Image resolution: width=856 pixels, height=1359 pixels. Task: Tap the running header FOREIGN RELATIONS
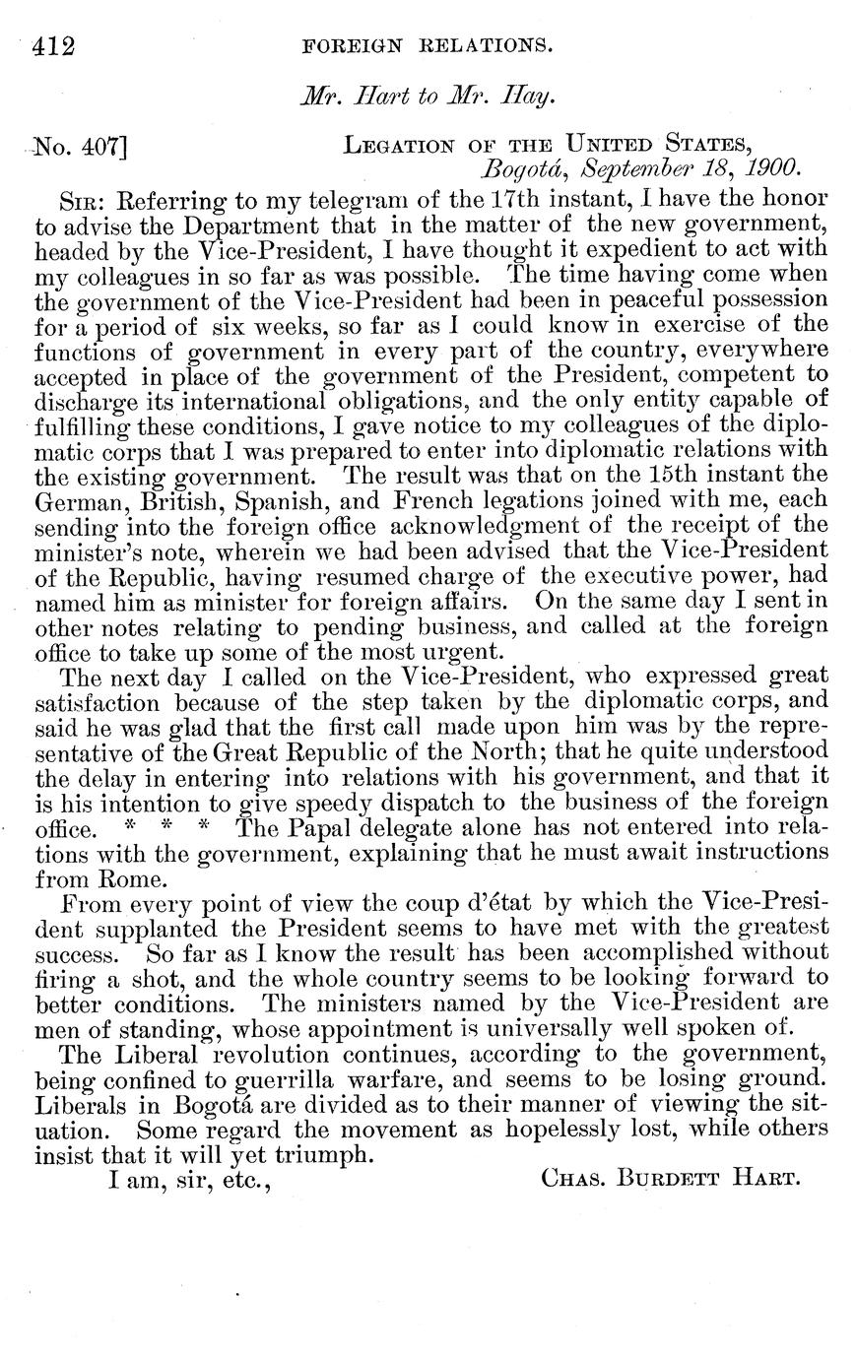(x=427, y=45)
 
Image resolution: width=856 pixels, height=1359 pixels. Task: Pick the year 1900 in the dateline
(x=772, y=167)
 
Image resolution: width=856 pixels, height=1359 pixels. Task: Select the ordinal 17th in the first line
(x=513, y=197)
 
